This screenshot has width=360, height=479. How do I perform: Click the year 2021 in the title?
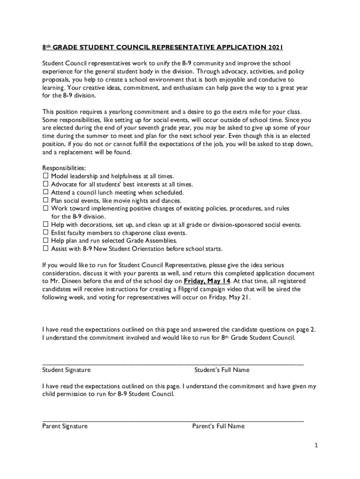tap(275, 47)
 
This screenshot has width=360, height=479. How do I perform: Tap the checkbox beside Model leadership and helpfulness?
tap(46, 176)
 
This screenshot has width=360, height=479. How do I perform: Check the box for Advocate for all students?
tap(46, 184)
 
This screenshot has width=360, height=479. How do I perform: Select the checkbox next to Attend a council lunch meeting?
tap(46, 192)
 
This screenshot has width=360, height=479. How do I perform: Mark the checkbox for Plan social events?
tap(46, 200)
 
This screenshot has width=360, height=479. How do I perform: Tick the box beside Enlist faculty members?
tap(46, 232)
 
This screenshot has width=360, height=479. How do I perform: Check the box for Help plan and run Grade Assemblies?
tap(46, 240)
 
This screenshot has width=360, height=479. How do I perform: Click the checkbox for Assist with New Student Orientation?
tap(46, 248)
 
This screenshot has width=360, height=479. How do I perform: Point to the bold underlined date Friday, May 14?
tap(207, 281)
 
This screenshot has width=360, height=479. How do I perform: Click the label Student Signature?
tap(66, 370)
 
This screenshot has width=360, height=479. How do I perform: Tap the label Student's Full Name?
tap(222, 370)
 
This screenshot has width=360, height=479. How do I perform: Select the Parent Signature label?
tap(65, 426)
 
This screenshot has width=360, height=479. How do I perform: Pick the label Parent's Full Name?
tap(218, 426)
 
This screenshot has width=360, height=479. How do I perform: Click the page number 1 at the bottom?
tap(316, 446)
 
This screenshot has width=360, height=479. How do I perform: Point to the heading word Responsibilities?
tap(64, 168)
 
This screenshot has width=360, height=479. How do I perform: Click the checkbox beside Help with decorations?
tap(46, 225)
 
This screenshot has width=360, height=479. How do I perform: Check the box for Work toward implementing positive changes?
tap(46, 208)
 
